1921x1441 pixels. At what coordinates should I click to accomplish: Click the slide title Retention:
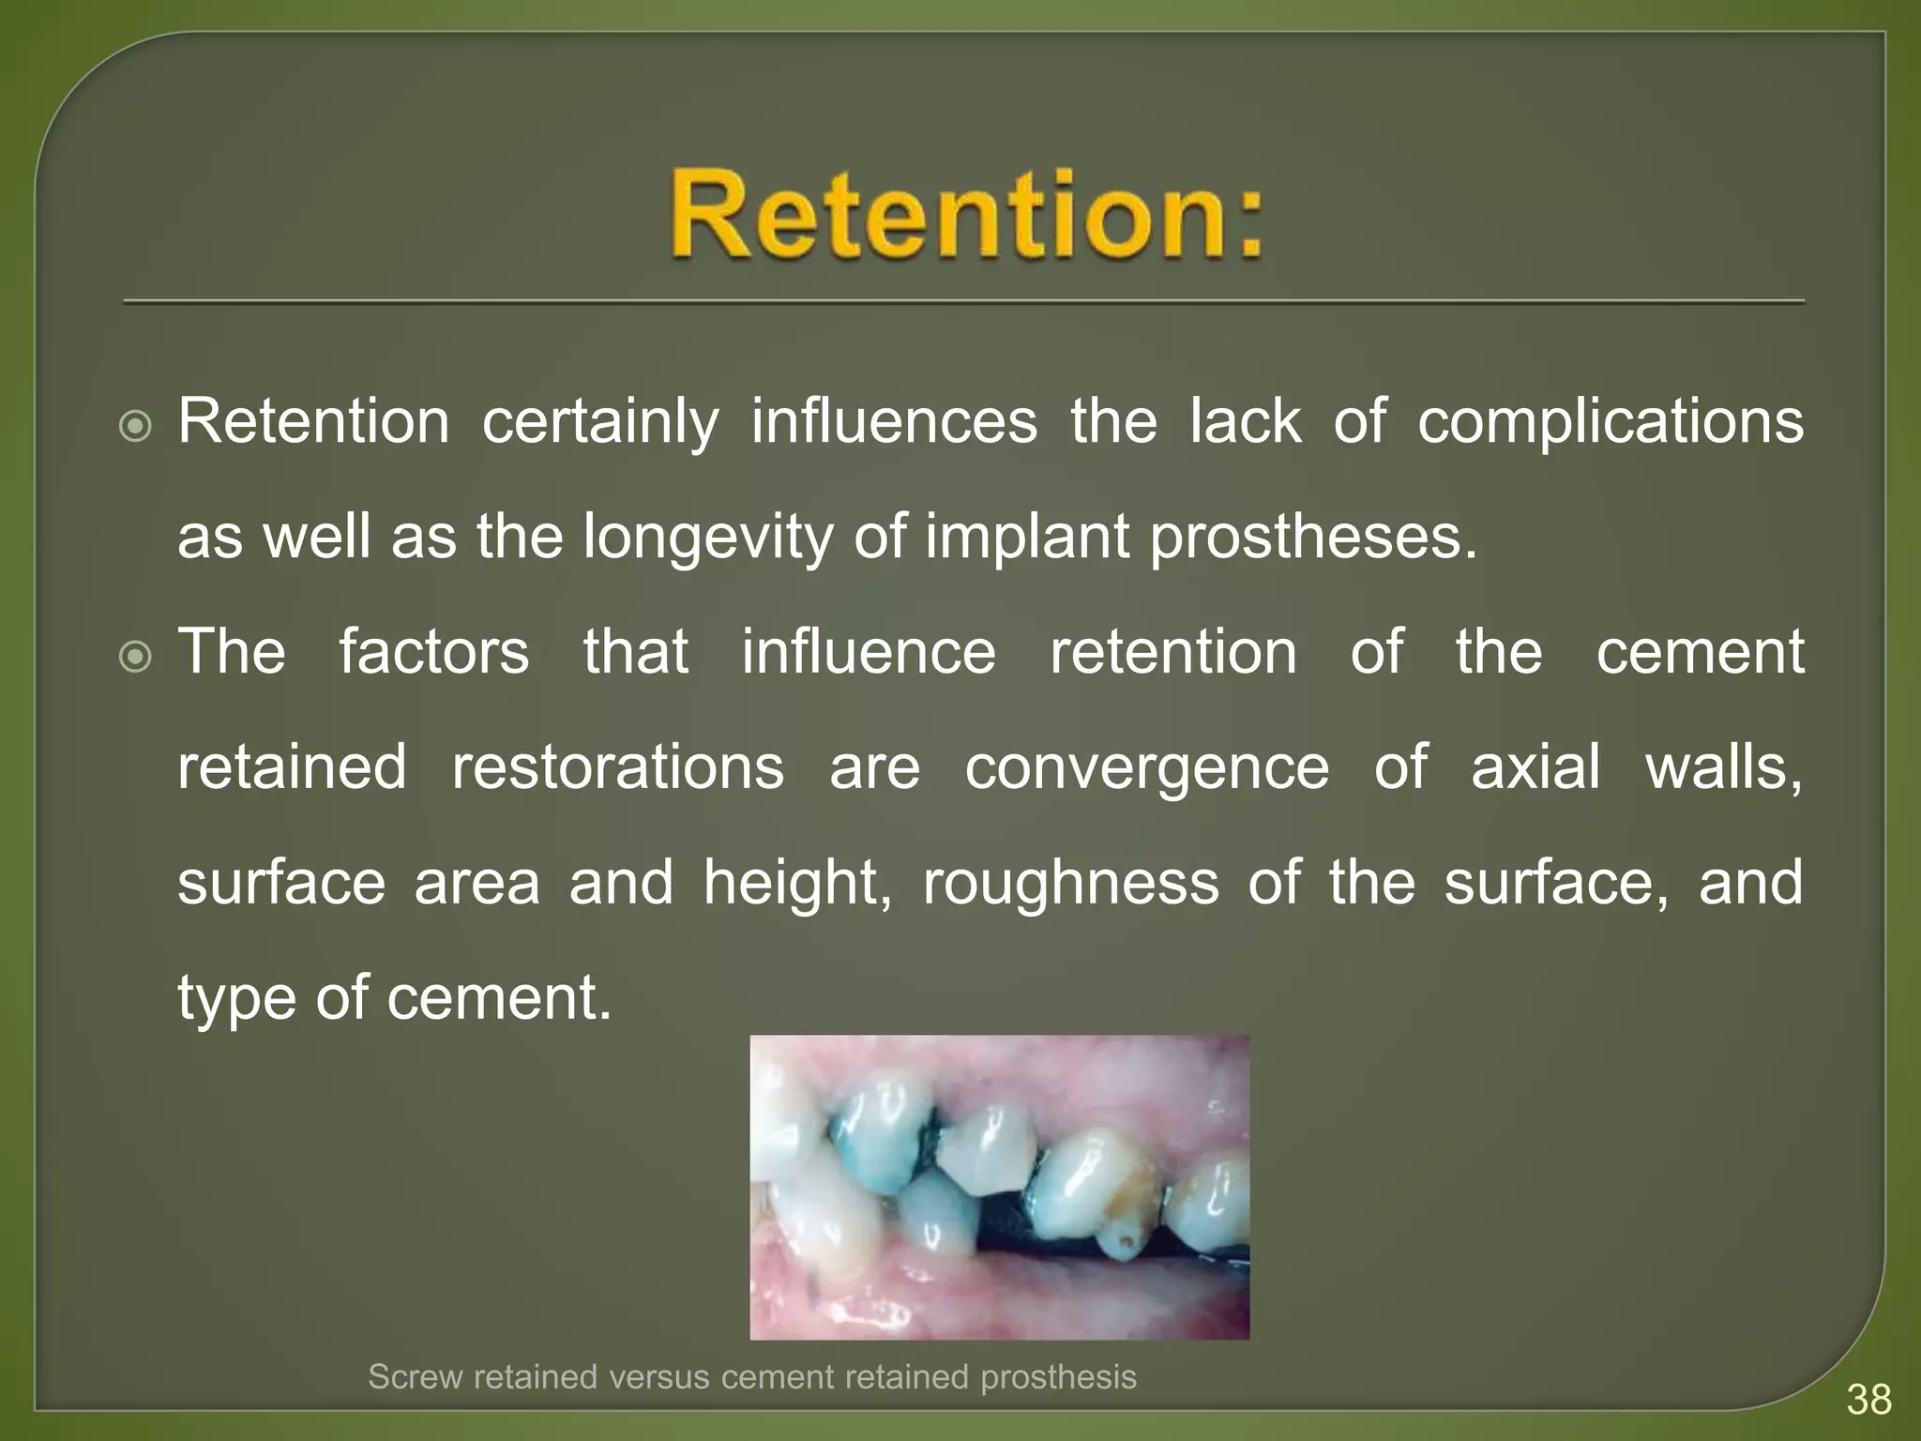click(x=966, y=214)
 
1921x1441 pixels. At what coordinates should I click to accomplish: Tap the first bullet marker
click(x=136, y=428)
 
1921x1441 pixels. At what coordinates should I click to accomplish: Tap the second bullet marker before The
click(x=136, y=658)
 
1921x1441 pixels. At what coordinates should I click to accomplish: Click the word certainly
click(x=600, y=422)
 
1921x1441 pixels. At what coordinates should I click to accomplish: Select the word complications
click(x=1610, y=422)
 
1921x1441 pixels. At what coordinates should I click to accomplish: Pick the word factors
click(x=434, y=652)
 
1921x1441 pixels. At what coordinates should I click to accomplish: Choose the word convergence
click(x=1146, y=768)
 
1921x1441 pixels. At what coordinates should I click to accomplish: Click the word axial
click(x=1535, y=766)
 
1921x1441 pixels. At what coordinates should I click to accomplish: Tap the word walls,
click(x=1724, y=768)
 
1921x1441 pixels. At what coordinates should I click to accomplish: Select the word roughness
click(x=1070, y=883)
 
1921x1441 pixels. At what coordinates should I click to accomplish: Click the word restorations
click(x=618, y=766)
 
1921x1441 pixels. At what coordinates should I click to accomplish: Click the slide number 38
click(x=1868, y=1400)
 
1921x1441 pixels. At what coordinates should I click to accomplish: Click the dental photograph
click(x=999, y=1187)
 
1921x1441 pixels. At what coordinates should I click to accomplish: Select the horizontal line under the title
click(x=963, y=302)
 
